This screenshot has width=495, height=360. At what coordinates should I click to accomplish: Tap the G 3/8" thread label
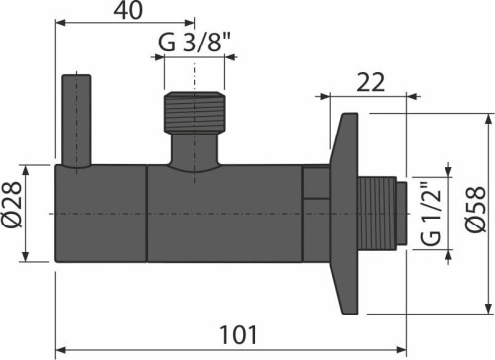194,43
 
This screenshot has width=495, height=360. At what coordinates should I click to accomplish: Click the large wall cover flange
345,213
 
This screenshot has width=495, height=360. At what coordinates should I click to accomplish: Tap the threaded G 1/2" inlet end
383,214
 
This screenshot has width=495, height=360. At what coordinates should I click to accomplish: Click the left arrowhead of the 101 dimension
60,348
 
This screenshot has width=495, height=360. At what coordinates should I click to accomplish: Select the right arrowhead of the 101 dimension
400,348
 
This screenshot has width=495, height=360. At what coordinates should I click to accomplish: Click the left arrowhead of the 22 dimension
323,97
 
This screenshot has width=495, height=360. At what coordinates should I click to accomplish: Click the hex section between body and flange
315,213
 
